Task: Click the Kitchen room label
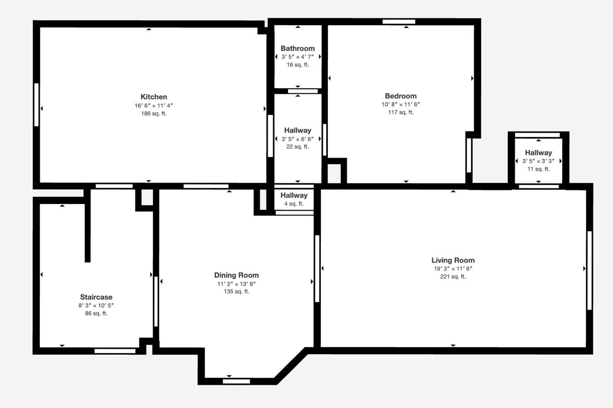154,97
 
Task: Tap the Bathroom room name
298,49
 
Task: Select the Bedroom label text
400,96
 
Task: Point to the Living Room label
453,260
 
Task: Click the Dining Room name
237,275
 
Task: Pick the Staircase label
96,297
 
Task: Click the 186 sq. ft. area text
154,113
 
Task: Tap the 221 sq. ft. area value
453,276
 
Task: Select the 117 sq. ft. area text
400,112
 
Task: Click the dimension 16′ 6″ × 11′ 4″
154,106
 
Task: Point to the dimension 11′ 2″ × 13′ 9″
237,284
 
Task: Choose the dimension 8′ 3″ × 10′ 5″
96,305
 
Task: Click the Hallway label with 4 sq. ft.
294,195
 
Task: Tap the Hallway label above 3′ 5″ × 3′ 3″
538,153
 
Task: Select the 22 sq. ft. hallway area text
298,146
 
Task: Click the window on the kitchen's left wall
36,105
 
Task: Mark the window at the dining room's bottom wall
237,381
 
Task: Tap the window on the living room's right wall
589,271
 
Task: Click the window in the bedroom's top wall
399,22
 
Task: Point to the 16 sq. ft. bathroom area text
298,64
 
